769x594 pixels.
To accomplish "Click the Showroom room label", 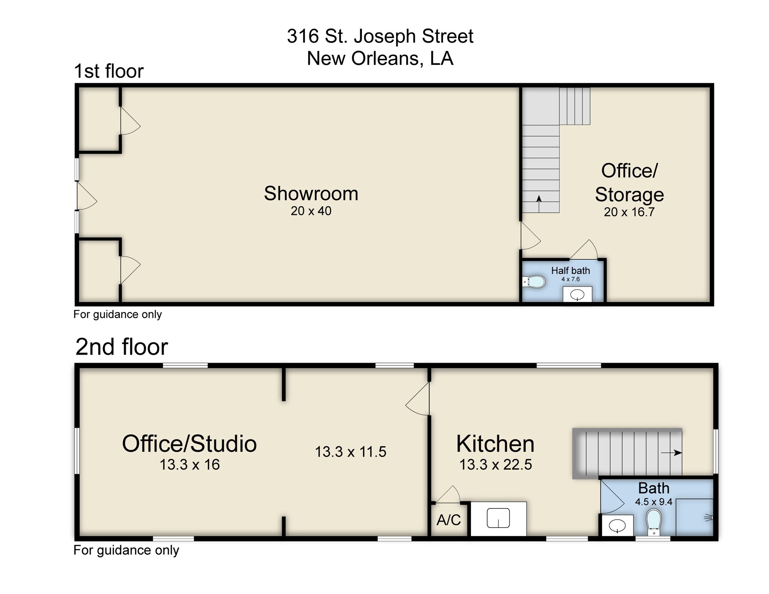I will [311, 194].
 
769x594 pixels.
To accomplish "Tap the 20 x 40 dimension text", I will [311, 211].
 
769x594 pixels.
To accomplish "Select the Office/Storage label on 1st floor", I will [629, 183].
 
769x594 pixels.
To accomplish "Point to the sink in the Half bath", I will [577, 295].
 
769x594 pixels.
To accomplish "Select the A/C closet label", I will [449, 520].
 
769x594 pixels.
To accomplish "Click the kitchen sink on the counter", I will [498, 518].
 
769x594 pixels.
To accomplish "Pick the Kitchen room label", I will [495, 444].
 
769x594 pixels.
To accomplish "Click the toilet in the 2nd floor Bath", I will [654, 522].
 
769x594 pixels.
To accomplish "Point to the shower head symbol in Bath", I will [709, 518].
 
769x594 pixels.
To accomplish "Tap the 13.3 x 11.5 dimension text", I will [350, 452].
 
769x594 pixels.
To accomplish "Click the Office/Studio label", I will [189, 444].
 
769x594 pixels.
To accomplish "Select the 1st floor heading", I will [109, 71].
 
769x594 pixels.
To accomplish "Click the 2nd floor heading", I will [122, 347].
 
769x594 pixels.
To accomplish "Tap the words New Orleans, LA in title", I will [380, 59].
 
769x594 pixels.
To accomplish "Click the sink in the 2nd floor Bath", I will [617, 526].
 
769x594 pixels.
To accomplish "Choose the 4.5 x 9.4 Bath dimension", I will [653, 502].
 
